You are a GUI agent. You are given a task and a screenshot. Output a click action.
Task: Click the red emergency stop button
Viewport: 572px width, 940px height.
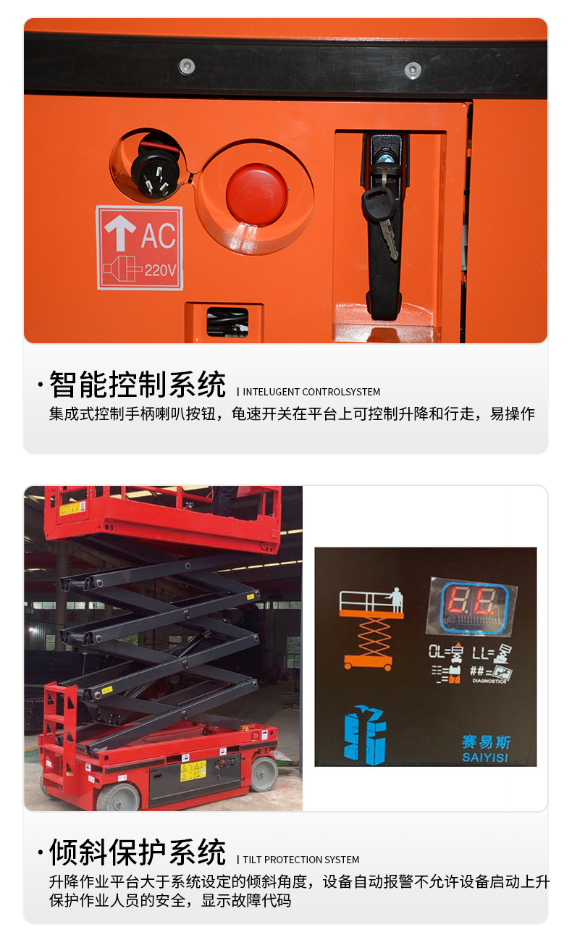tap(256, 195)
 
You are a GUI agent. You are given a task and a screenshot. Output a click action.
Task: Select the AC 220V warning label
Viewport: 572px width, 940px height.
tap(140, 248)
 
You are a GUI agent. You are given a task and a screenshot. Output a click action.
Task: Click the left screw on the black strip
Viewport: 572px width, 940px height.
tap(187, 67)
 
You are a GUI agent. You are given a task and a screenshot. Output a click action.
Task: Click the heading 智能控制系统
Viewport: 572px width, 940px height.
tap(138, 385)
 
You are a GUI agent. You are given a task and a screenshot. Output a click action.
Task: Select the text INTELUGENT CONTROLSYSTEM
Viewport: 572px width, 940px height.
tap(311, 392)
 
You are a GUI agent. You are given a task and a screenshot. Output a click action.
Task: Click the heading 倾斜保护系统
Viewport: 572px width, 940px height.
tap(138, 852)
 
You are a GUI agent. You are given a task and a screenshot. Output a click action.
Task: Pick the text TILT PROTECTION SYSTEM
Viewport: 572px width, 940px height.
tap(301, 860)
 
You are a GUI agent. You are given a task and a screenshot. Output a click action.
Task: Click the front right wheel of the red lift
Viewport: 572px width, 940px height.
tap(264, 773)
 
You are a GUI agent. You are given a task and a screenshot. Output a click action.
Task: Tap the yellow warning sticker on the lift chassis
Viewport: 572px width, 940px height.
tap(193, 770)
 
